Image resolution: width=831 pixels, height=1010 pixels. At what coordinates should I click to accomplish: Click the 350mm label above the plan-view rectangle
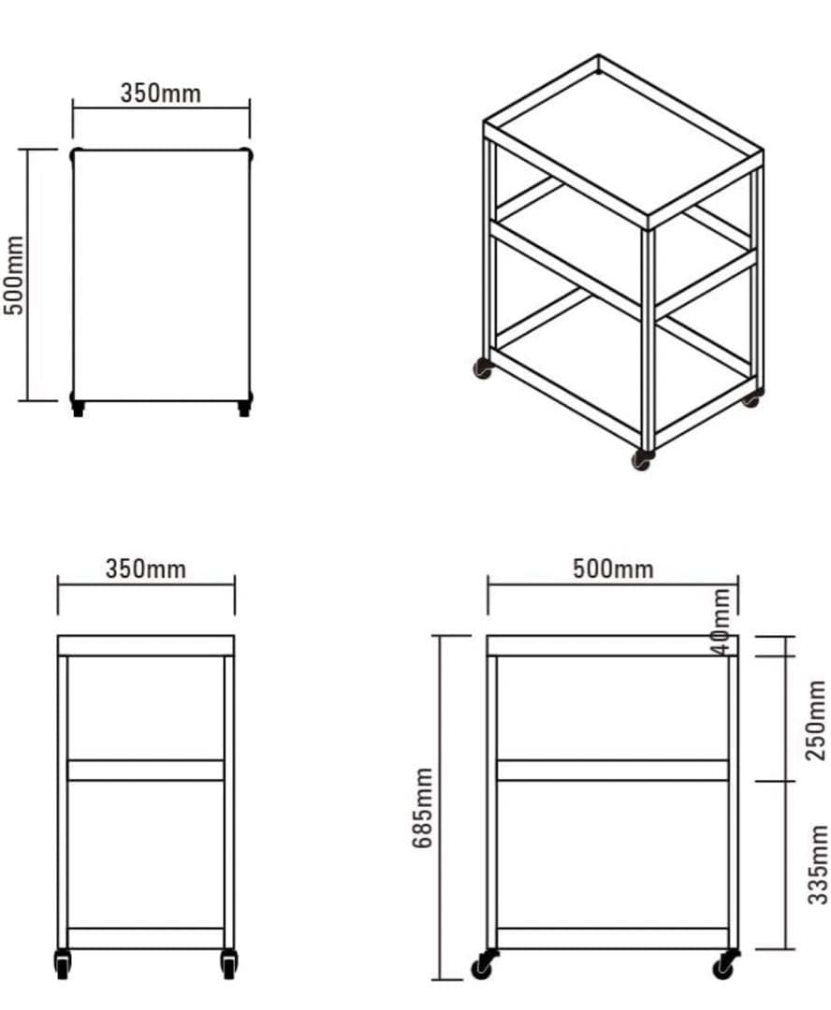tap(161, 94)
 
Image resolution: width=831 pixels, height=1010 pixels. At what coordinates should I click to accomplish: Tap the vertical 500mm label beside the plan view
tap(13, 275)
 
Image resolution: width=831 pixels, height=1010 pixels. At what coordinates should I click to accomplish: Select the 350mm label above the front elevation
tap(146, 569)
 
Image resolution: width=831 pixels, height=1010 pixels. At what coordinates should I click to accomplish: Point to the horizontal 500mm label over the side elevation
tap(613, 569)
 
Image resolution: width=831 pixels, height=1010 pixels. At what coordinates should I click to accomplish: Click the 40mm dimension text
tap(722, 621)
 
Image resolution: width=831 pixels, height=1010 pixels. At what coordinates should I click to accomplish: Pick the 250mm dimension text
tap(815, 719)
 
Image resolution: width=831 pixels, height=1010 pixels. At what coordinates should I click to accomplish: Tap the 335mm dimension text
tap(817, 864)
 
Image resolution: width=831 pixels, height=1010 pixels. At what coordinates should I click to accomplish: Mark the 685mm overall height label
tap(422, 807)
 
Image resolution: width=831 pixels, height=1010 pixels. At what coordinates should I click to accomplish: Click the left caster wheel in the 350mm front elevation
tap(63, 963)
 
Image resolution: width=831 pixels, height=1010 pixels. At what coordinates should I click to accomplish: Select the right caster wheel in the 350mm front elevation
tap(228, 963)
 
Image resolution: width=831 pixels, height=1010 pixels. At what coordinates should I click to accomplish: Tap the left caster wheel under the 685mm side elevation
tap(484, 964)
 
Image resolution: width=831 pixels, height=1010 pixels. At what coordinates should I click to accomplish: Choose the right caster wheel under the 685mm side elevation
tap(726, 964)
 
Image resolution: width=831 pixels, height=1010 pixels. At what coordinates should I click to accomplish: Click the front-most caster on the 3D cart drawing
tap(642, 459)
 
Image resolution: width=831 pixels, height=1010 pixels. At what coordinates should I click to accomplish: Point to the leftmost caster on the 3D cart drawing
tap(483, 368)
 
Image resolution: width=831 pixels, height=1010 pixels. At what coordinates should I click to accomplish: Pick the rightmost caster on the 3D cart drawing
tap(752, 397)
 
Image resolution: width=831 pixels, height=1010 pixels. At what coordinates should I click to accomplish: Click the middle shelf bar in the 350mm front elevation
tap(146, 771)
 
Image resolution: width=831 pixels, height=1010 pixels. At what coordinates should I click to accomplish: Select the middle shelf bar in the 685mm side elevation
tap(612, 771)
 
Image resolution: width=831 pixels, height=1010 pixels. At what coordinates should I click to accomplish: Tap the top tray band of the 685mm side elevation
tap(612, 646)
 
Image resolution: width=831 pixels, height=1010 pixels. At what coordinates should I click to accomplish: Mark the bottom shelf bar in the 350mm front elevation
tap(146, 939)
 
